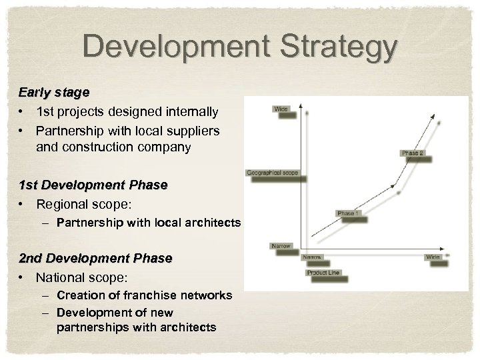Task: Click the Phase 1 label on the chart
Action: pyautogui.click(x=346, y=213)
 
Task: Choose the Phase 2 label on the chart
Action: pyautogui.click(x=413, y=153)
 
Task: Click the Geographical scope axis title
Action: pyautogui.click(x=273, y=173)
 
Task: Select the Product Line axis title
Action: pyautogui.click(x=323, y=273)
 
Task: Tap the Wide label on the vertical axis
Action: pyautogui.click(x=281, y=108)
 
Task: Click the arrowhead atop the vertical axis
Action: pyautogui.click(x=301, y=107)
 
